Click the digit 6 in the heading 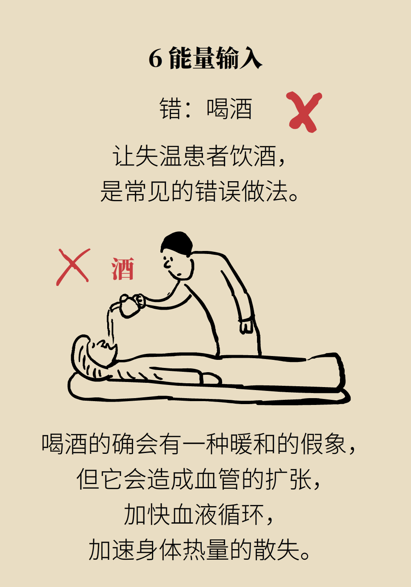coord(155,59)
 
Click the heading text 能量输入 coord(215,58)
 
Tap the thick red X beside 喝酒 coord(304,112)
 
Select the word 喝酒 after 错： coord(229,108)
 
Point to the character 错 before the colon coord(171,108)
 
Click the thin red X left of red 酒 coord(73,267)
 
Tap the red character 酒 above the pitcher coord(123,268)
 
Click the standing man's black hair coord(177,243)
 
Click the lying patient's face coord(103,351)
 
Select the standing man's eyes coord(168,260)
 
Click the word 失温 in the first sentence coord(148,156)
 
